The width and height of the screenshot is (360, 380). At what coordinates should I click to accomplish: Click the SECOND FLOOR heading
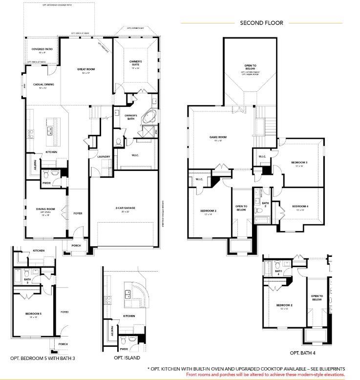tap(261, 22)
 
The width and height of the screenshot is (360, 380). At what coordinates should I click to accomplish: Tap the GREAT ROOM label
tap(86, 69)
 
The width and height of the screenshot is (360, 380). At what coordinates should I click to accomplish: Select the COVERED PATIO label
tap(42, 49)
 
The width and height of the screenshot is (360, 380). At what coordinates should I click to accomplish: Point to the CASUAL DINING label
tap(43, 84)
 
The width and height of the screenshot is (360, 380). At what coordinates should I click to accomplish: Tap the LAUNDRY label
tap(104, 156)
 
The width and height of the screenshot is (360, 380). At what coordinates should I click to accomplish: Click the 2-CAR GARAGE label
tap(125, 208)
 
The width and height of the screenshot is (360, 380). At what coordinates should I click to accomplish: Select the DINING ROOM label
tap(45, 209)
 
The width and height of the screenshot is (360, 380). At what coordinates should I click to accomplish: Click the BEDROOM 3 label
tap(299, 162)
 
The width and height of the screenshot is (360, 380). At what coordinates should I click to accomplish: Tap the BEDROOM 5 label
tap(34, 314)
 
